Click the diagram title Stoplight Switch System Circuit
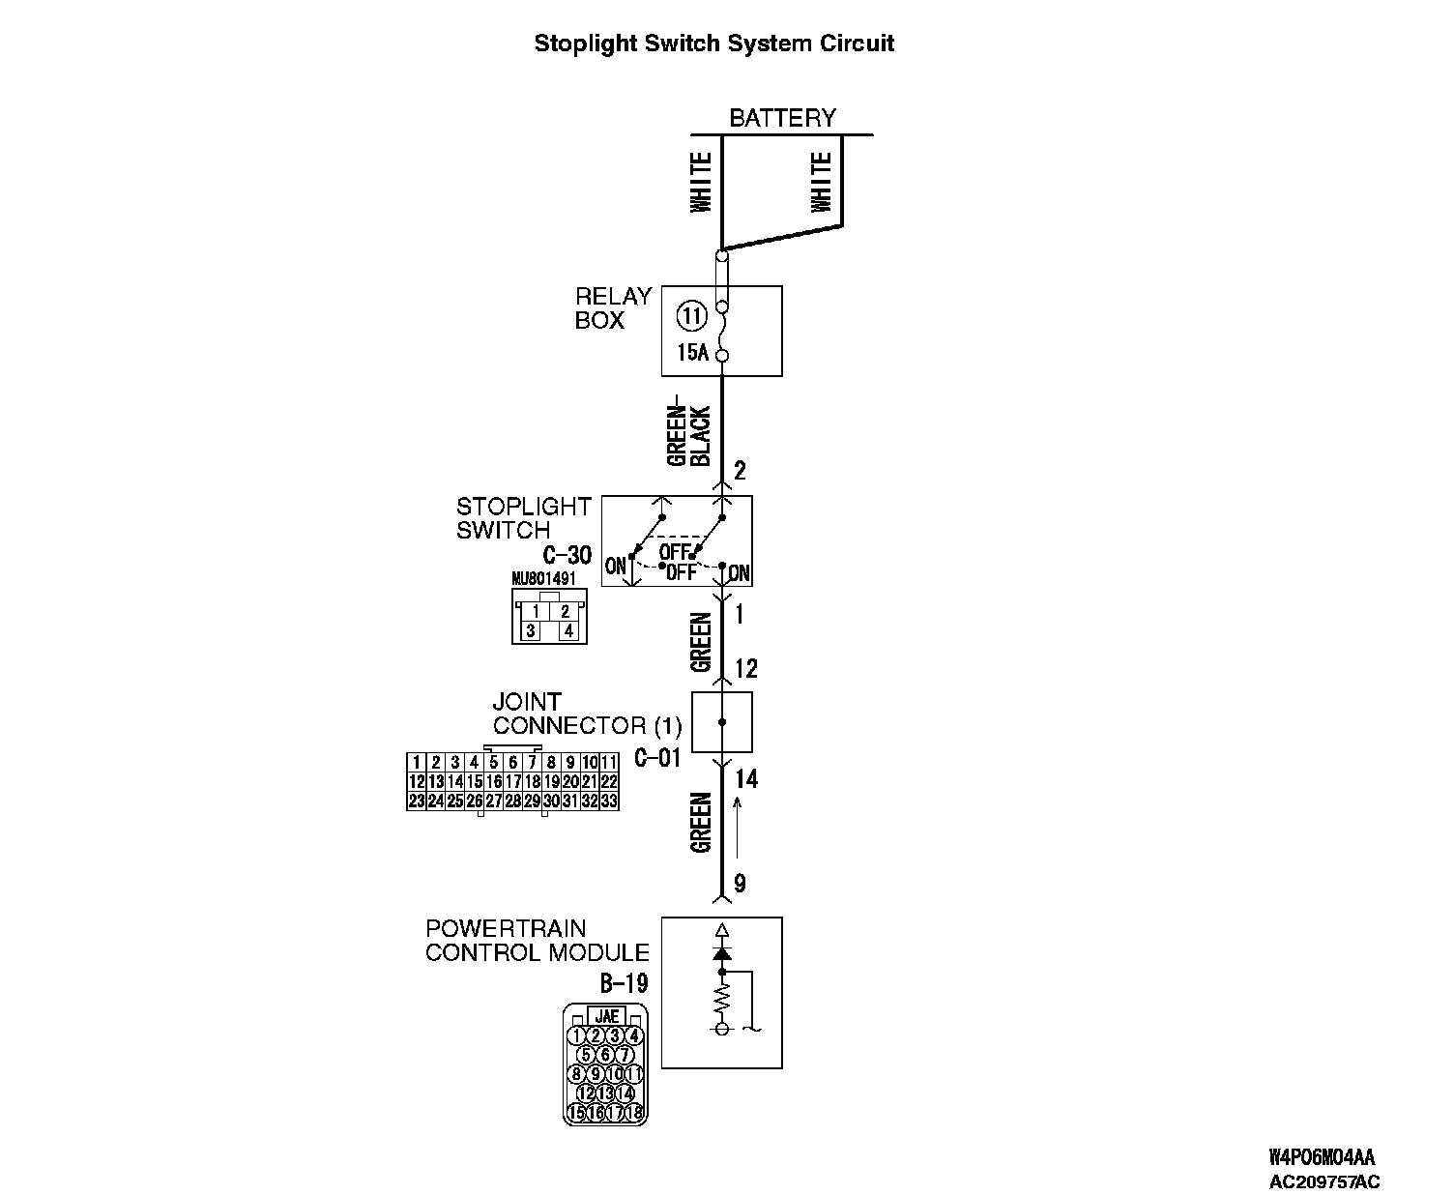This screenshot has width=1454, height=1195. pos(713,44)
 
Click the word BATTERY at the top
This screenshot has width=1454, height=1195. pos(782,118)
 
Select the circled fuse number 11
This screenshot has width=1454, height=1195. pos(690,314)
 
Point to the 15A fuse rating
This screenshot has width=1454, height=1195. pos(692,353)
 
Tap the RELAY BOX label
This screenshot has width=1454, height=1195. pos(613,308)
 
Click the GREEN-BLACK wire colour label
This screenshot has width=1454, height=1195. pos(689,435)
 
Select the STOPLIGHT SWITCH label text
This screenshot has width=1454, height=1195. pos(523,518)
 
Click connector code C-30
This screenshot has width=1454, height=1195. pos(567,555)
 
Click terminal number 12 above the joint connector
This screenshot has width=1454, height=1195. pos(745,668)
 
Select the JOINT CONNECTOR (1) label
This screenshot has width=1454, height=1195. pos(587,714)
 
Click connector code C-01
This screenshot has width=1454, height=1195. pos(657,758)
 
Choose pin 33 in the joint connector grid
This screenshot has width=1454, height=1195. pos(609,801)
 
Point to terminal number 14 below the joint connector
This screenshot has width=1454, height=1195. pos(746,779)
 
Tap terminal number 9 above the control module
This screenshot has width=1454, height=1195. pos(740,883)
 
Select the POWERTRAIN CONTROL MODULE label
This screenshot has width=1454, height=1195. pos(537,941)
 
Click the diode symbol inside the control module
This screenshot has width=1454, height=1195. pos(721,953)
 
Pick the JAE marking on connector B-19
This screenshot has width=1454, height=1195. pos(606,1016)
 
